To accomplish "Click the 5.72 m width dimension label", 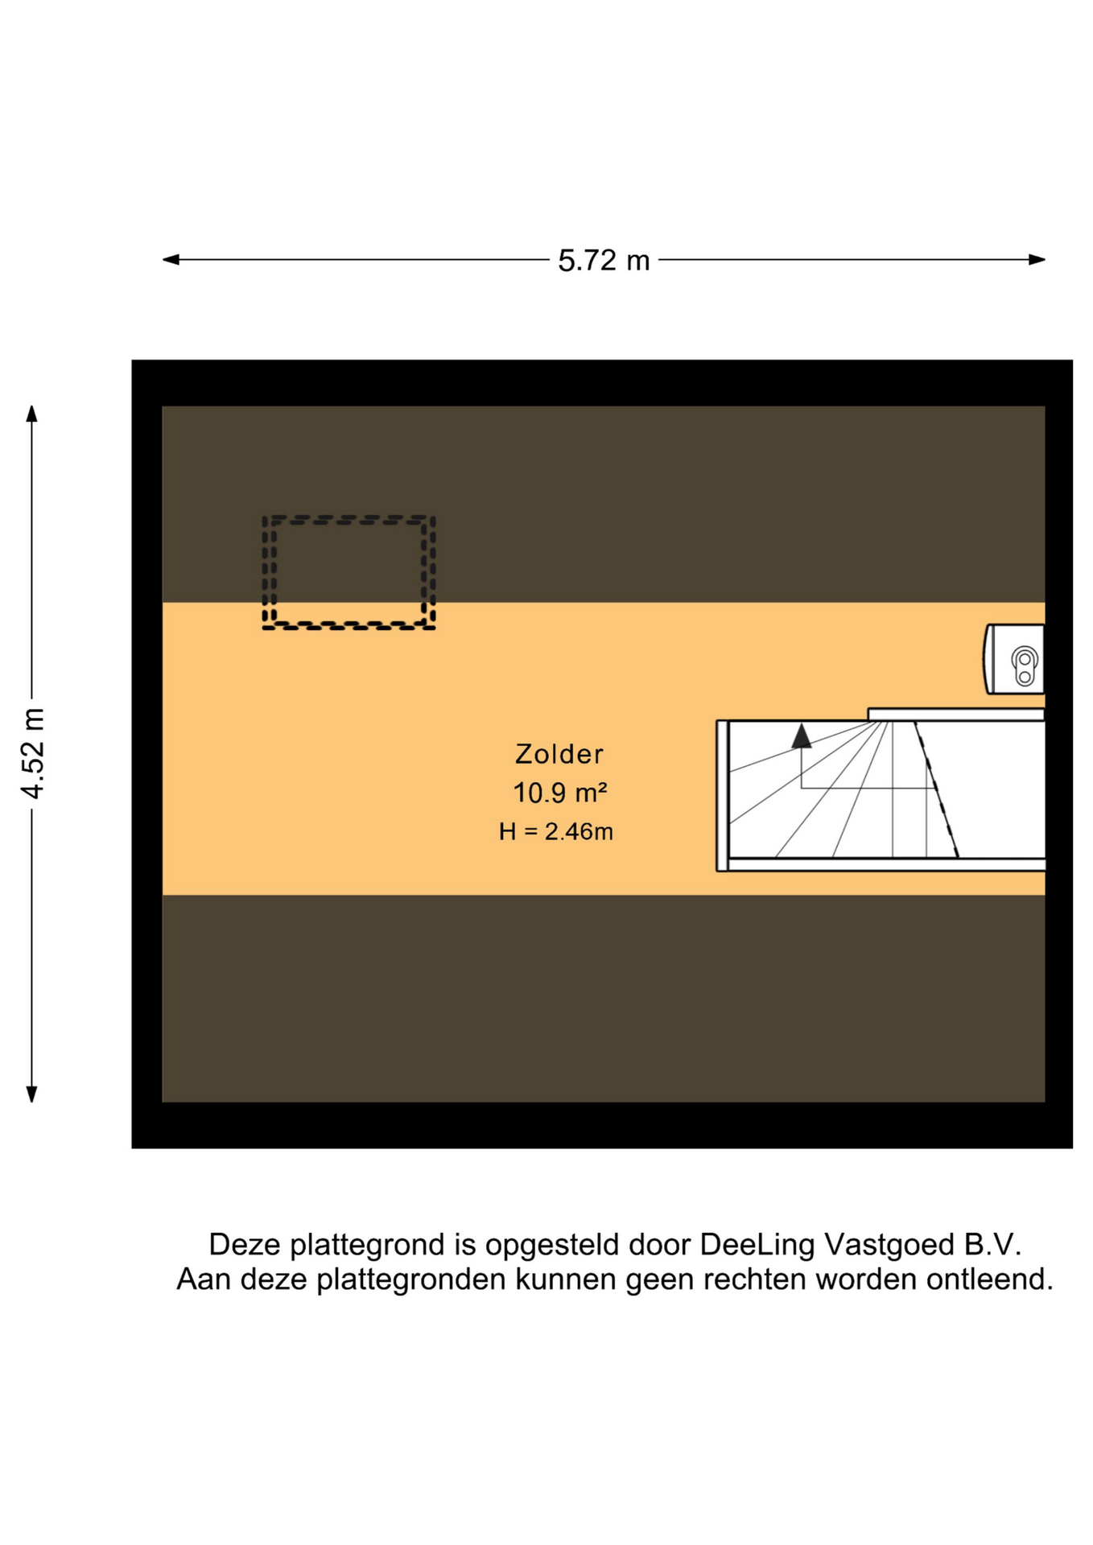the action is coord(604,261).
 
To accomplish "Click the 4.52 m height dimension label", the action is coord(33,754).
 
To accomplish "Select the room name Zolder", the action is coord(559,754).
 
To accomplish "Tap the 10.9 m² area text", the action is coord(560,793).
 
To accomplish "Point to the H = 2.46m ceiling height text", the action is coord(556,831).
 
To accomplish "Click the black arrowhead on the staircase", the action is coord(801,736).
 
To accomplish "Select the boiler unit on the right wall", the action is coord(1014,659).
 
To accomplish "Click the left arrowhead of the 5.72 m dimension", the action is coord(171,259).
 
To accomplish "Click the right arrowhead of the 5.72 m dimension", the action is coord(1037,259).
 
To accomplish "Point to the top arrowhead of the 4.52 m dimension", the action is coord(32,414).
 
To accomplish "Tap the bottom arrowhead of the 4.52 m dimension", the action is coord(32,1094).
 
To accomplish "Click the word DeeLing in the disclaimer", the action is coord(757,1245).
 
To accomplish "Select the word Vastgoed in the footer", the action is coord(889,1245).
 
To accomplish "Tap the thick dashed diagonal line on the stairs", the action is coord(936,789).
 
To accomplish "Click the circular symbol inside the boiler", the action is coord(1025,667).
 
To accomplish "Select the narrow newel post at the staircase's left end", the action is coord(722,795).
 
